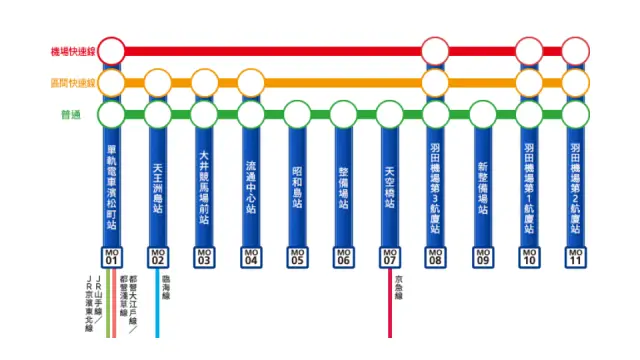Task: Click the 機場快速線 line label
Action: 72,50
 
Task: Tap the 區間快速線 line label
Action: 72,82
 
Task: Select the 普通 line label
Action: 72,114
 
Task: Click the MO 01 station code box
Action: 111,258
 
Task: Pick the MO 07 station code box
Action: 390,258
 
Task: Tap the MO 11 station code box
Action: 576,258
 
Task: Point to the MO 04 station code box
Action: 250,258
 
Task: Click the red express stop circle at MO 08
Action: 436,50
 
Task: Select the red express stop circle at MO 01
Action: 111,50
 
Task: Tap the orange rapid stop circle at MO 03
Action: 204,82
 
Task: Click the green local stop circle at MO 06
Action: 343,114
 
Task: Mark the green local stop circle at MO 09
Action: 483,114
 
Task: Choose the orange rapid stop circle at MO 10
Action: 529,82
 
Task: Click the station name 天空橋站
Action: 390,186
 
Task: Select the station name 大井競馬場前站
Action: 204,184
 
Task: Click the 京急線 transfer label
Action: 398,287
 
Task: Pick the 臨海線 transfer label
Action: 166,287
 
